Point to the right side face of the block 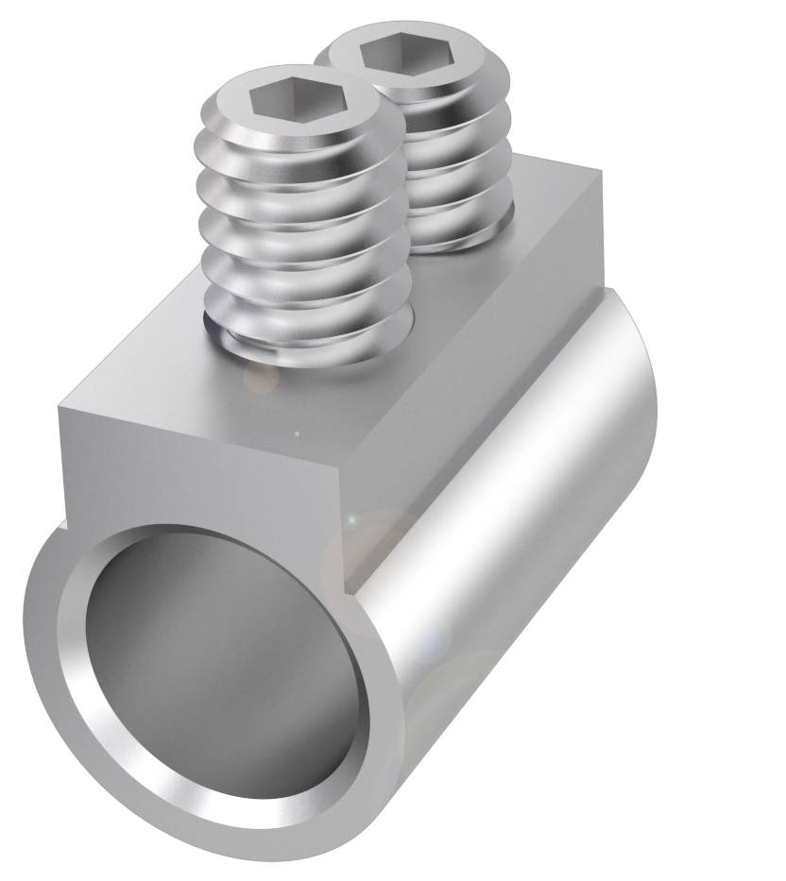tap(472, 378)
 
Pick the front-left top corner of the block tap(59, 410)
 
